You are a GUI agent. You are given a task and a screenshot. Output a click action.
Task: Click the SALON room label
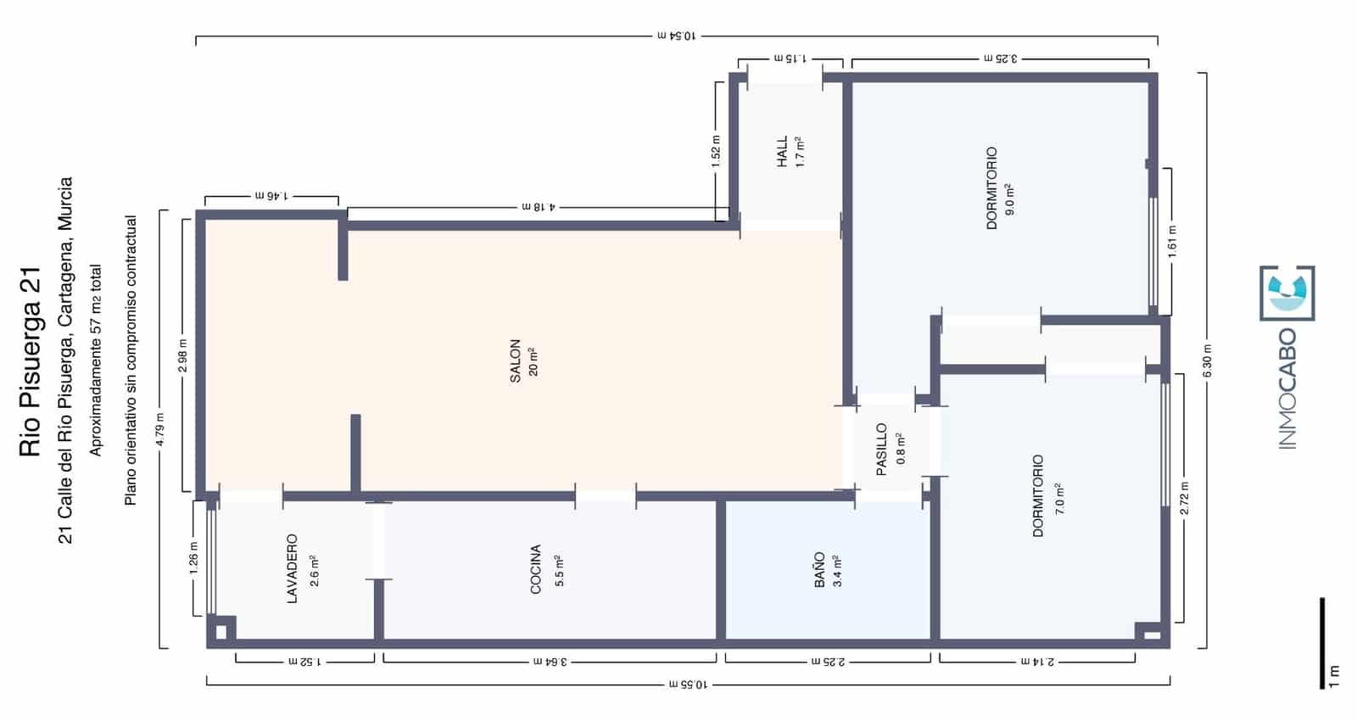click(515, 361)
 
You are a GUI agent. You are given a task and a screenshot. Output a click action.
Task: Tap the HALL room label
click(782, 151)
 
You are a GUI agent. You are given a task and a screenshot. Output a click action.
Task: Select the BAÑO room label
click(819, 570)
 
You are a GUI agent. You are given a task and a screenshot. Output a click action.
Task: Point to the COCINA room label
click(535, 569)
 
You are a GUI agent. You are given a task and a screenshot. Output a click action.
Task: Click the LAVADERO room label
click(292, 568)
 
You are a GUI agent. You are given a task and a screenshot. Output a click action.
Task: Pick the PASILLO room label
click(881, 450)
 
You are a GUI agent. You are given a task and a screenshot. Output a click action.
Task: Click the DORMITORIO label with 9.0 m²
click(991, 188)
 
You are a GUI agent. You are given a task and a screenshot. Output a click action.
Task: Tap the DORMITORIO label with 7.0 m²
click(1038, 496)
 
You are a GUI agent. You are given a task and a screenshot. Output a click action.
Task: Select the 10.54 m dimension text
click(676, 36)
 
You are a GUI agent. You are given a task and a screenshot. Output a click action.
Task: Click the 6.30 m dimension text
click(1208, 360)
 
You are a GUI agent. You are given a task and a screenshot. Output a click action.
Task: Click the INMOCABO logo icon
click(1287, 293)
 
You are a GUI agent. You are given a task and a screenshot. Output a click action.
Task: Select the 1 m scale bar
click(1321, 643)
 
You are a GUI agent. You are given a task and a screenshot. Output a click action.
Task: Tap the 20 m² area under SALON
click(533, 361)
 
